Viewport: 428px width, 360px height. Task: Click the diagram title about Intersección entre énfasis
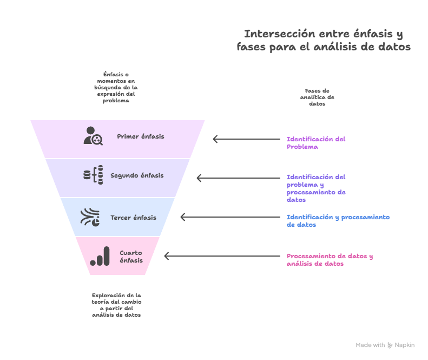click(324, 41)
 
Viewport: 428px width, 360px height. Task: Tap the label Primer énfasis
click(141, 136)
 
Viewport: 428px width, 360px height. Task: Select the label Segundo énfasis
click(137, 175)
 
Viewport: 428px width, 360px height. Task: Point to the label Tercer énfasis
click(133, 218)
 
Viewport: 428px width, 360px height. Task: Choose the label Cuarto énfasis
click(131, 257)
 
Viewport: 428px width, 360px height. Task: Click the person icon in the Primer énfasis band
click(93, 135)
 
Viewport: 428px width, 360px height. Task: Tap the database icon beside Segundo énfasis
click(93, 175)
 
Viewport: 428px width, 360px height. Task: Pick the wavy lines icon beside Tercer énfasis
click(90, 217)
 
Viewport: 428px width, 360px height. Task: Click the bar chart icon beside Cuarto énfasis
click(100, 257)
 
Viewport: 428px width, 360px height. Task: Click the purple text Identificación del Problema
click(316, 143)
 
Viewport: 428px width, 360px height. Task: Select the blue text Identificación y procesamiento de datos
click(338, 221)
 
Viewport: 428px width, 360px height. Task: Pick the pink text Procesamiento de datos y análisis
click(330, 260)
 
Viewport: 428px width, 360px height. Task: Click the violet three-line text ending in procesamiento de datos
click(316, 188)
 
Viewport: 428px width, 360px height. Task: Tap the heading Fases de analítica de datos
click(317, 97)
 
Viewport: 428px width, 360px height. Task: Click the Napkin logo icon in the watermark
click(390, 345)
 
